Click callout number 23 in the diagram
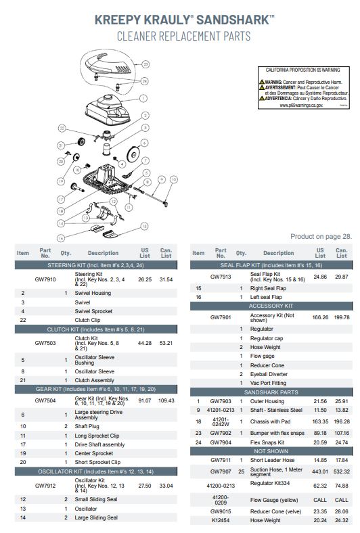pos(145,64)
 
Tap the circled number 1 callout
pos(143,98)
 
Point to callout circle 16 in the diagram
pos(61,237)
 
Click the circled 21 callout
pos(60,145)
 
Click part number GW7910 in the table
pos(45,279)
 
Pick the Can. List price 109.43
pos(166,400)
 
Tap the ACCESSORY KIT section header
pos(269,306)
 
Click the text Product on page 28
pos(321,237)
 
